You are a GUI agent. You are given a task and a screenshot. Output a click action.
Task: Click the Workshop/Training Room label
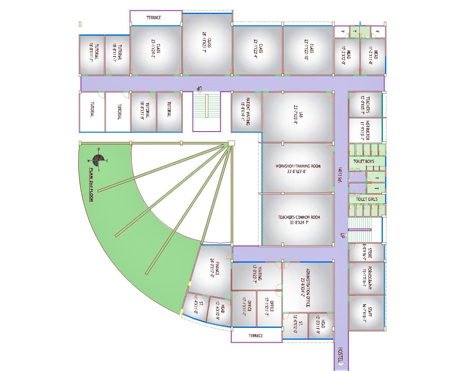[x=298, y=169]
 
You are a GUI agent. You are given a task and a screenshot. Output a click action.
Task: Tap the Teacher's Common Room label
[x=299, y=219]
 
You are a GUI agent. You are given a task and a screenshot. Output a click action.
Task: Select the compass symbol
[x=98, y=159]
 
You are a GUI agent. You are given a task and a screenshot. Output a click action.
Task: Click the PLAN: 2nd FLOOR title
[x=91, y=185]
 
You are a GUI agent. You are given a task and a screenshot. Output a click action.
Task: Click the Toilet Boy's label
[x=364, y=161]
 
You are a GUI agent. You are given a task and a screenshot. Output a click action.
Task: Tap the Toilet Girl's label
[x=367, y=199]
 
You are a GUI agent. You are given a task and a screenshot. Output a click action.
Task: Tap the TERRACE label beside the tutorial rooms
[x=153, y=18]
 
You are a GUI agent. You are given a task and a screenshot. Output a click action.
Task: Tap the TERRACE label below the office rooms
[x=256, y=336]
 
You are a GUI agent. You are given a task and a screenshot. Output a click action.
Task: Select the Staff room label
[x=367, y=312]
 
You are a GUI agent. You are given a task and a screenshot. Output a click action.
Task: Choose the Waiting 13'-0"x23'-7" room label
[x=258, y=275]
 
